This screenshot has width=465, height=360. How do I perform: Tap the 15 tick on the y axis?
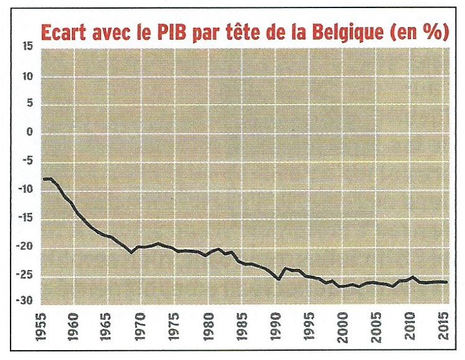(x=27, y=48)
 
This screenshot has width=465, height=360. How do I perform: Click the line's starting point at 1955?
(x=43, y=179)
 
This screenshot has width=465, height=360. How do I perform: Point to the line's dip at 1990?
(x=279, y=279)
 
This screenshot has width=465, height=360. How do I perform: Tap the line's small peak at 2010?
(x=412, y=277)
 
